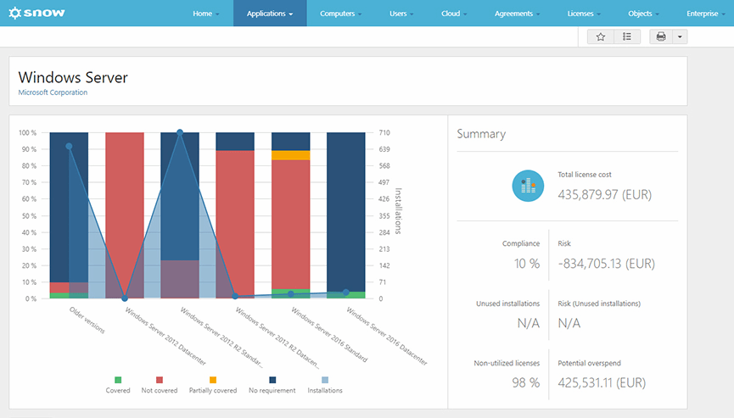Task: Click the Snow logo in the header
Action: [x=36, y=14]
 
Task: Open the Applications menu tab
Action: [x=270, y=14]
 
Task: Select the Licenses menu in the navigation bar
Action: [x=584, y=14]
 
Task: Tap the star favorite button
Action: [x=600, y=36]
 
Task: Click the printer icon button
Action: [x=661, y=36]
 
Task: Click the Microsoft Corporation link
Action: [x=53, y=92]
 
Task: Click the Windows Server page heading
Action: [x=73, y=77]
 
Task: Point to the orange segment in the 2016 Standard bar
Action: [x=290, y=155]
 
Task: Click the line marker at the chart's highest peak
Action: [x=180, y=132]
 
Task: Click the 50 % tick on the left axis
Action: [x=27, y=215]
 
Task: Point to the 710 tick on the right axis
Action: [x=384, y=133]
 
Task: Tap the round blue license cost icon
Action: [x=528, y=186]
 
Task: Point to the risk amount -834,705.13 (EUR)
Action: [x=606, y=264]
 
